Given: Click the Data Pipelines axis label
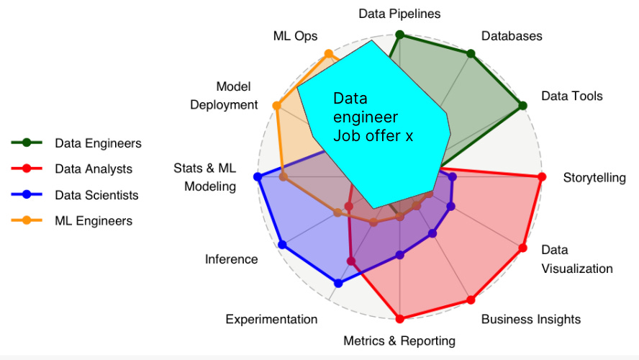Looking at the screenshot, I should (399, 14).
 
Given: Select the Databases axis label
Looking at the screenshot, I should (512, 36).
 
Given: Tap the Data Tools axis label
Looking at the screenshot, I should (571, 96).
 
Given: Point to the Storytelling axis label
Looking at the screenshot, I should (594, 177).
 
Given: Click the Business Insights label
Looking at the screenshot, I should (530, 319).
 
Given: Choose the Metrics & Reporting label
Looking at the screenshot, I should (399, 341).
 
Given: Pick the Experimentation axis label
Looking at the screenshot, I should (271, 319).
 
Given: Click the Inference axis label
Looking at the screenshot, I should (231, 259).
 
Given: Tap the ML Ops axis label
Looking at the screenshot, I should (295, 36).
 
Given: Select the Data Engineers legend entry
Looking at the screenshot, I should (98, 143).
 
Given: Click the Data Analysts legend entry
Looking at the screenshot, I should (94, 169).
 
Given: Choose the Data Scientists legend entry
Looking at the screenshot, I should (96, 195).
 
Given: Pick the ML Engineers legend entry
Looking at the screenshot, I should (94, 221).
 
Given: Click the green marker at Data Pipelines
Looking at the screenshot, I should (400, 35).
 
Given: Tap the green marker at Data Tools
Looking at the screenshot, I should (522, 106).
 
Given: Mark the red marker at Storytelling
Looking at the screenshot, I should (541, 177).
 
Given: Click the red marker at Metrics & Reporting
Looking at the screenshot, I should (400, 318).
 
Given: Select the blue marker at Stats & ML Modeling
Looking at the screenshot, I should (258, 176).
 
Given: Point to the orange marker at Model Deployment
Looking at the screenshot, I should (276, 106).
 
